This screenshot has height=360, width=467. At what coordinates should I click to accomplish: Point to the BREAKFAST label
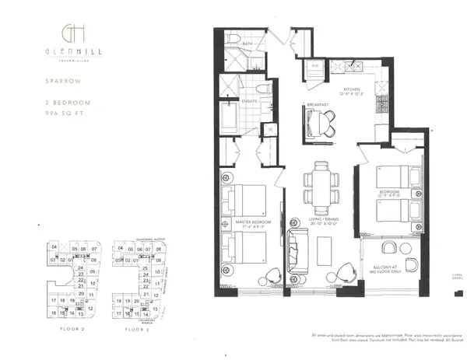coord(315,104)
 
